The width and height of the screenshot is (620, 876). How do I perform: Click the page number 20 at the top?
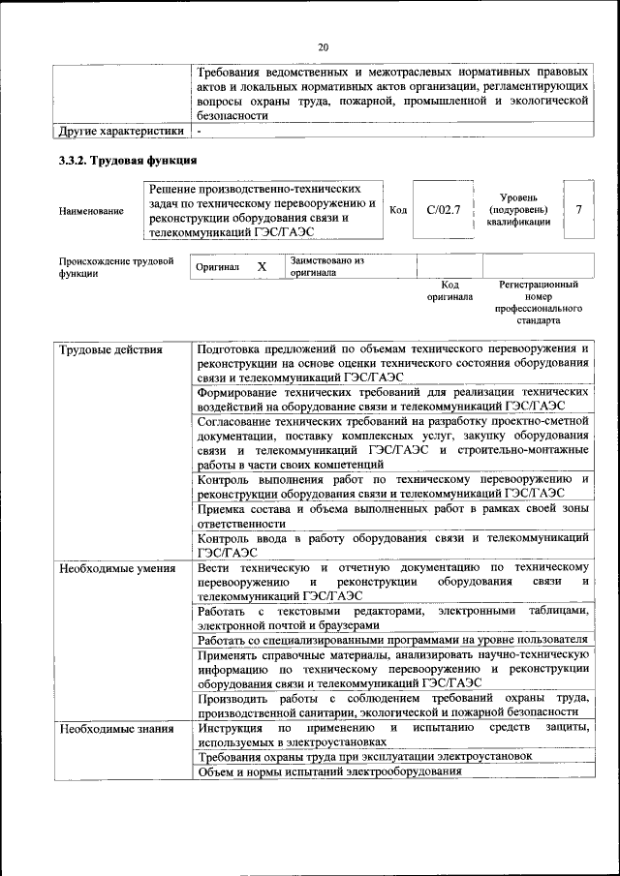323,47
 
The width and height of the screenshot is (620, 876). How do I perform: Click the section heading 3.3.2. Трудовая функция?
128,160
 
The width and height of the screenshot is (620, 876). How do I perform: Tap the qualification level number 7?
579,209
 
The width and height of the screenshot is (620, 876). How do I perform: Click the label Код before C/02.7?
397,210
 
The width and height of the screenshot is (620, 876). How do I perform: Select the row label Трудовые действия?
109,349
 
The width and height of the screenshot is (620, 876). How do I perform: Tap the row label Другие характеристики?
120,130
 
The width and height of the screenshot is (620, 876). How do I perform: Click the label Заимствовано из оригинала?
326,266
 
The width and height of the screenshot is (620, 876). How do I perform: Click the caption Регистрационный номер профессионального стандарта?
539,302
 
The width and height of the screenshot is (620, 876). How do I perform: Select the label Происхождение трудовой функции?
115,267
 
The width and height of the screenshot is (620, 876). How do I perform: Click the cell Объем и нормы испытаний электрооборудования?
328,770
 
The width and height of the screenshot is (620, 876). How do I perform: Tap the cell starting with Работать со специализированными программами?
392,640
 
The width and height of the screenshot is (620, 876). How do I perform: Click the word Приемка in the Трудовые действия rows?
222,508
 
